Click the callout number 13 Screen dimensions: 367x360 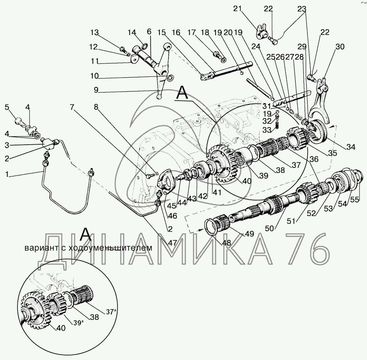95,33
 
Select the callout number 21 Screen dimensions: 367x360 237,9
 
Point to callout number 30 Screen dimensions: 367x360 340,47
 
